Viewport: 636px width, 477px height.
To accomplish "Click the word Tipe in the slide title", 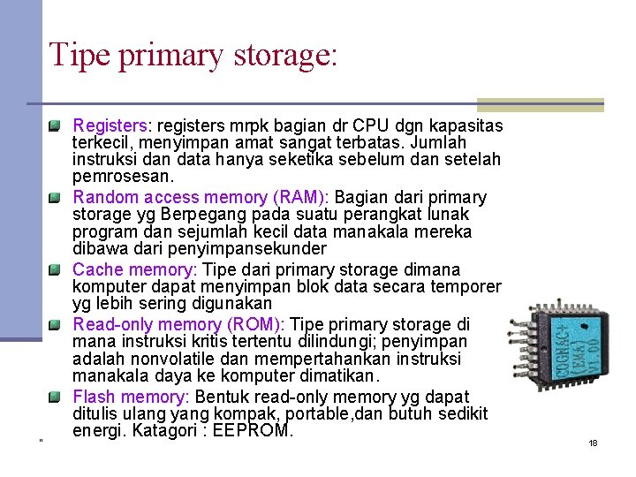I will coord(77,54).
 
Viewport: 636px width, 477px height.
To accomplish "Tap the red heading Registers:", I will coord(111,125).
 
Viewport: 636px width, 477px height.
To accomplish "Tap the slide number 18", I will coord(593,443).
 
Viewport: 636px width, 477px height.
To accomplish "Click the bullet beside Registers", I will coord(55,125).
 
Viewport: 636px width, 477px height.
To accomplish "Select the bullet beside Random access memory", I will coord(55,197).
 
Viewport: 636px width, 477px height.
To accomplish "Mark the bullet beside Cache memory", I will coord(55,269).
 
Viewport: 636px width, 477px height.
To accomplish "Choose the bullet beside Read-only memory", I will coord(55,324).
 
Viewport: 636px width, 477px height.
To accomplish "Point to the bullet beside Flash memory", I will coord(55,396).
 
